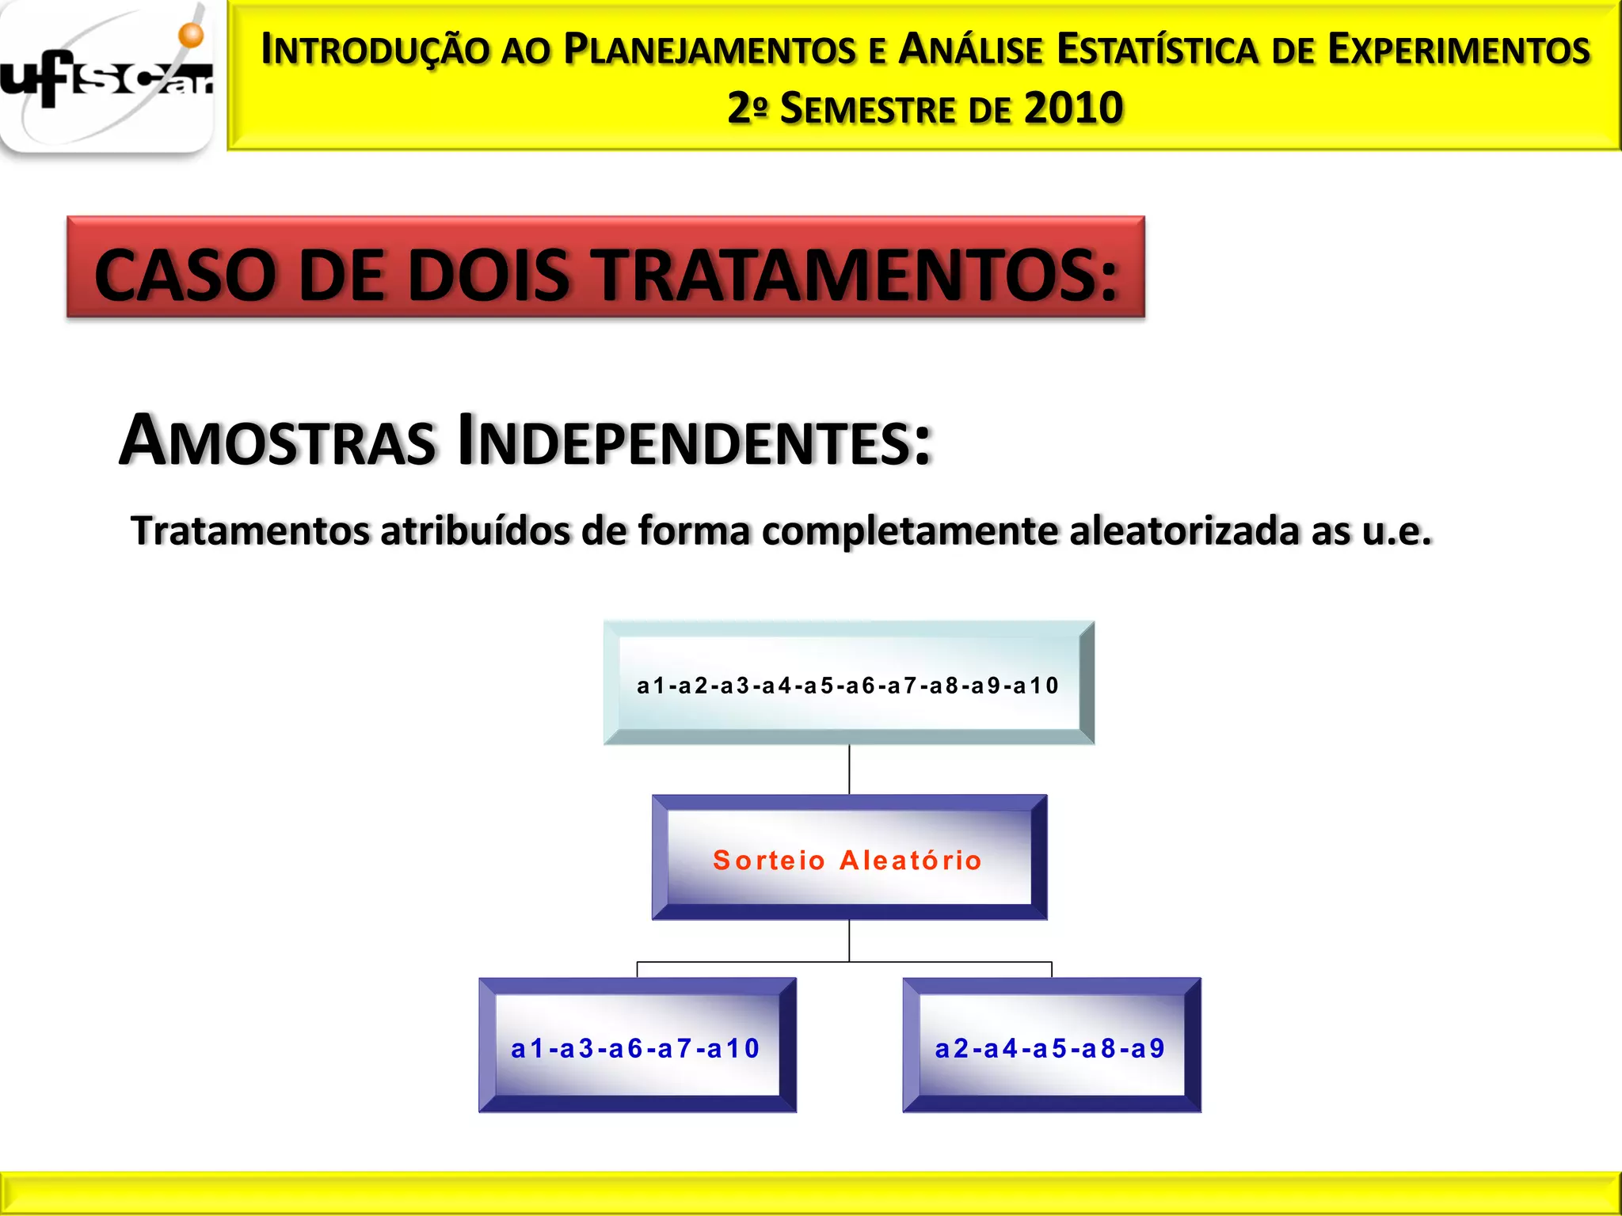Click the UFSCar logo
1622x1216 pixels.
point(107,79)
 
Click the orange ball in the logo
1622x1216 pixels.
point(191,35)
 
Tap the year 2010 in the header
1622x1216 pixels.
point(1073,108)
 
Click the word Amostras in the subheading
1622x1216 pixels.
point(277,440)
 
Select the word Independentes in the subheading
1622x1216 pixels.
point(695,440)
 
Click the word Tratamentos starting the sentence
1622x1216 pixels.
point(250,530)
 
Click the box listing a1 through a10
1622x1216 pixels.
point(848,684)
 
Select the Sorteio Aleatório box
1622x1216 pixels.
point(848,858)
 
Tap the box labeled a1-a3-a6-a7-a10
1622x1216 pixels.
point(637,1047)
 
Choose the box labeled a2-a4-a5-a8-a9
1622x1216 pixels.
point(1051,1047)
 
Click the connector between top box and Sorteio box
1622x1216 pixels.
point(849,769)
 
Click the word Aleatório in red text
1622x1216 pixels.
point(911,860)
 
